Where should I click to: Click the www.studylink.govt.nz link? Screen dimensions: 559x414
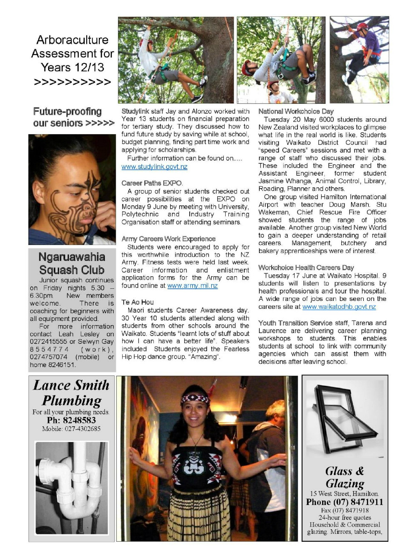(x=154, y=167)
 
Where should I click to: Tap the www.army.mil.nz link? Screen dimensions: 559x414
(x=192, y=286)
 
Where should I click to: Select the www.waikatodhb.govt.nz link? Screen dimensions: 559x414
(x=339, y=307)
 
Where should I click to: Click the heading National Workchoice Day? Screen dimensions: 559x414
(x=296, y=112)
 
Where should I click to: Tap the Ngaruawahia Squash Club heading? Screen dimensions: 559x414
(x=72, y=263)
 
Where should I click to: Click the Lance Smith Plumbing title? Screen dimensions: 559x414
(x=71, y=393)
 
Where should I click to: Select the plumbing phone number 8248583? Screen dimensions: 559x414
(x=71, y=420)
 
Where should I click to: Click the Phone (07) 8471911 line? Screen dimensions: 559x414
(x=345, y=502)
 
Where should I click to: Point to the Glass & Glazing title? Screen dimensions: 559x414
(x=345, y=477)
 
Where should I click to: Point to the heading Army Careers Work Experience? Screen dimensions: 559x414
(x=168, y=239)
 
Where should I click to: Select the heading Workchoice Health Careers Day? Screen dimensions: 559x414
(x=306, y=268)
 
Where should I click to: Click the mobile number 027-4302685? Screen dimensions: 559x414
(x=71, y=429)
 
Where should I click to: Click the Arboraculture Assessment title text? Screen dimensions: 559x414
(x=73, y=54)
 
